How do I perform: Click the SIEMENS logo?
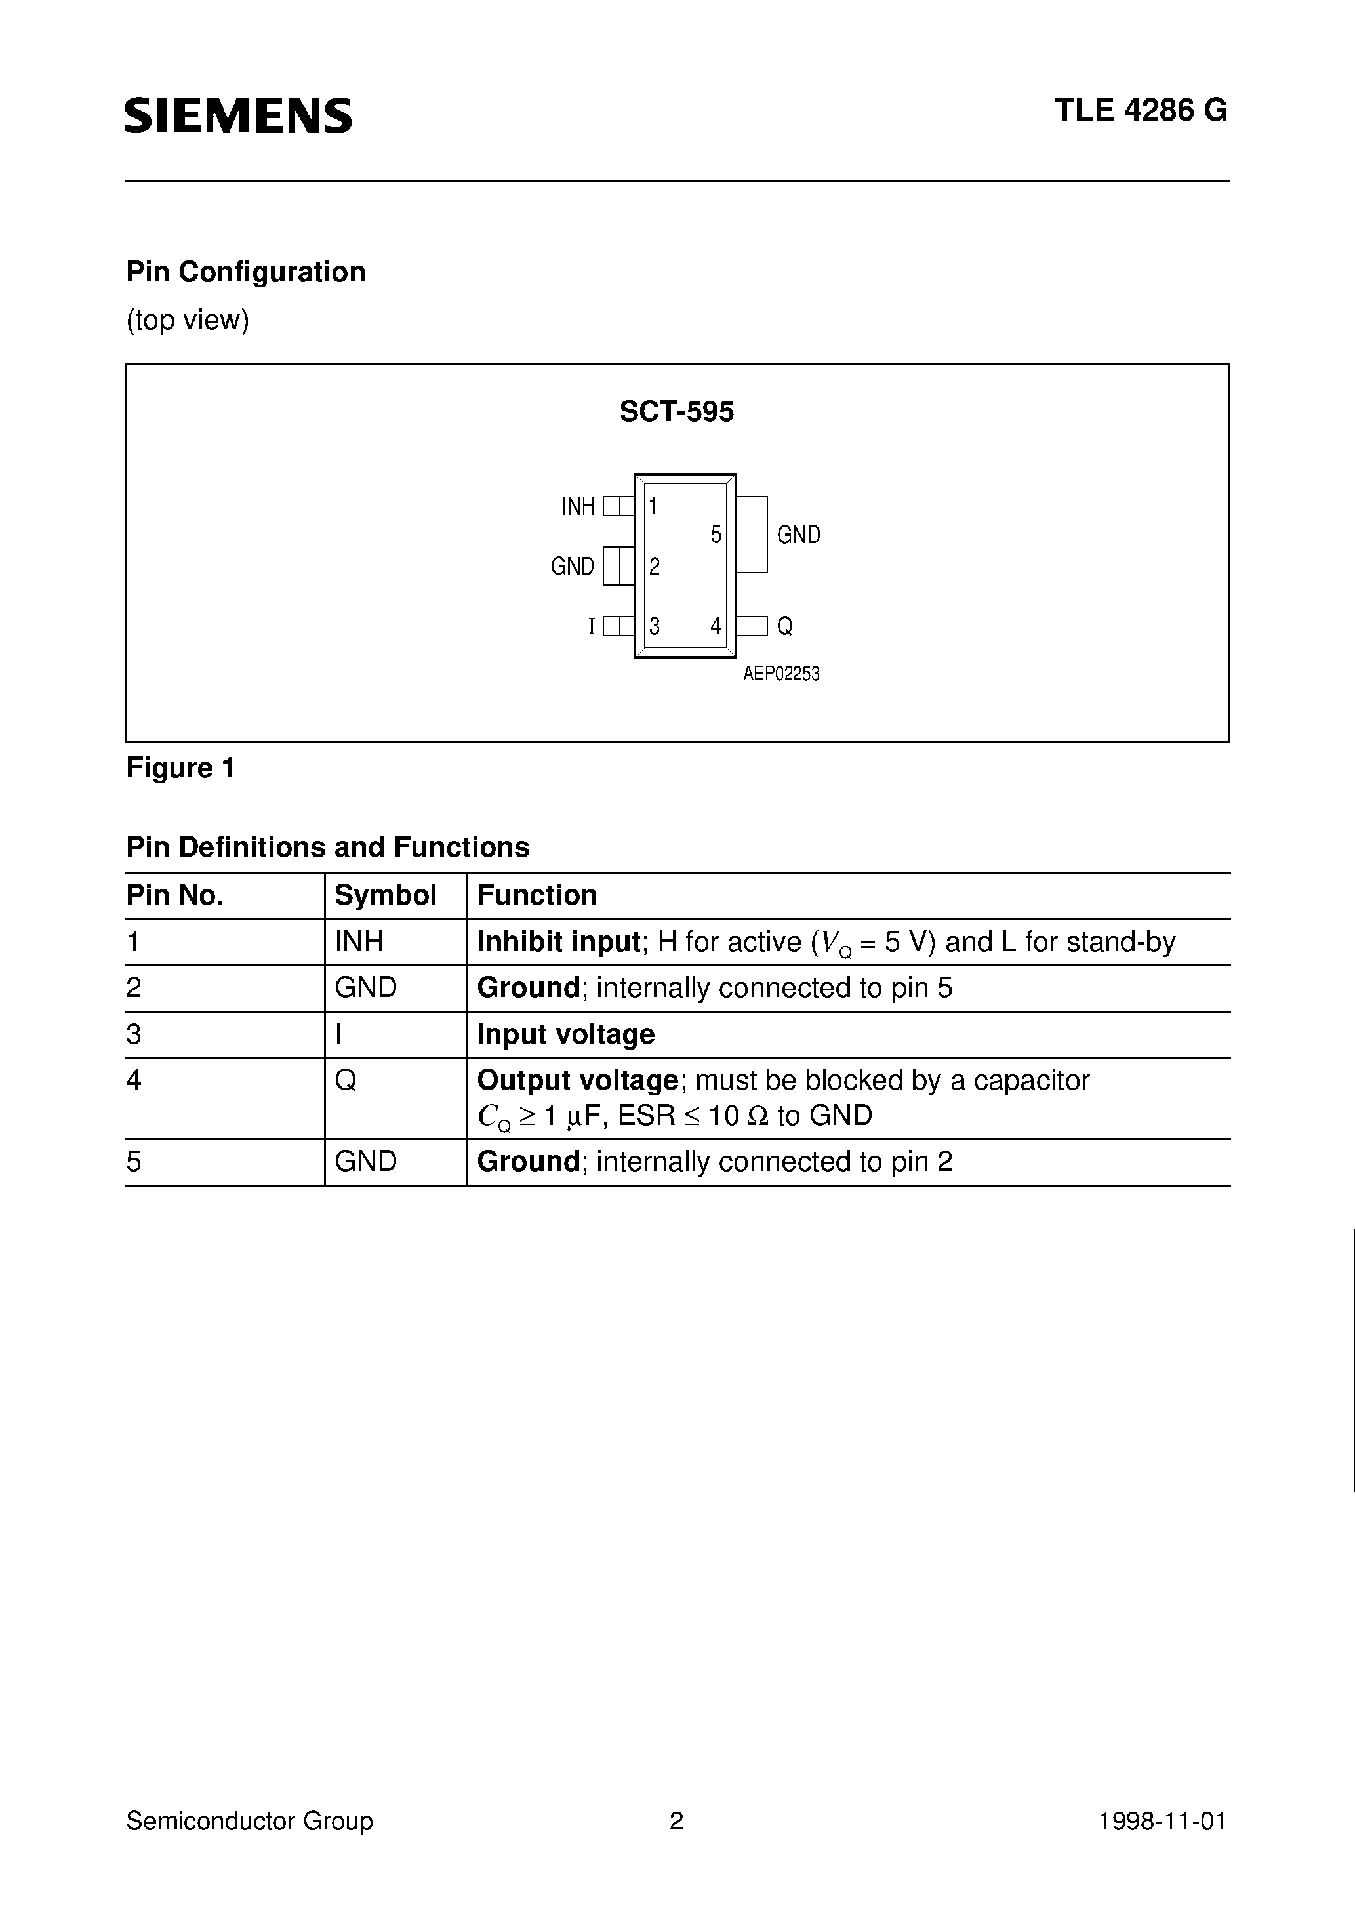tap(239, 115)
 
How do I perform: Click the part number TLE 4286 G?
tap(1141, 111)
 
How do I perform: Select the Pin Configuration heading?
tap(245, 272)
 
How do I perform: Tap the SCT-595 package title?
tap(677, 412)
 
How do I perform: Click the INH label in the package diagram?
tap(578, 507)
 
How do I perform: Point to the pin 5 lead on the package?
tap(752, 534)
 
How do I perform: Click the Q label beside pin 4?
tap(784, 626)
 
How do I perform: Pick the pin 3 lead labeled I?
tap(618, 626)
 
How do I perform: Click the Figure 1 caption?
tap(180, 767)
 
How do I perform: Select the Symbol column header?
tap(385, 895)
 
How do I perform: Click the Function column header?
tap(537, 895)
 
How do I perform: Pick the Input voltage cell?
tap(565, 1034)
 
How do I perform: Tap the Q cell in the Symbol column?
tap(345, 1081)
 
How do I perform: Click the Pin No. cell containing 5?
tap(134, 1162)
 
